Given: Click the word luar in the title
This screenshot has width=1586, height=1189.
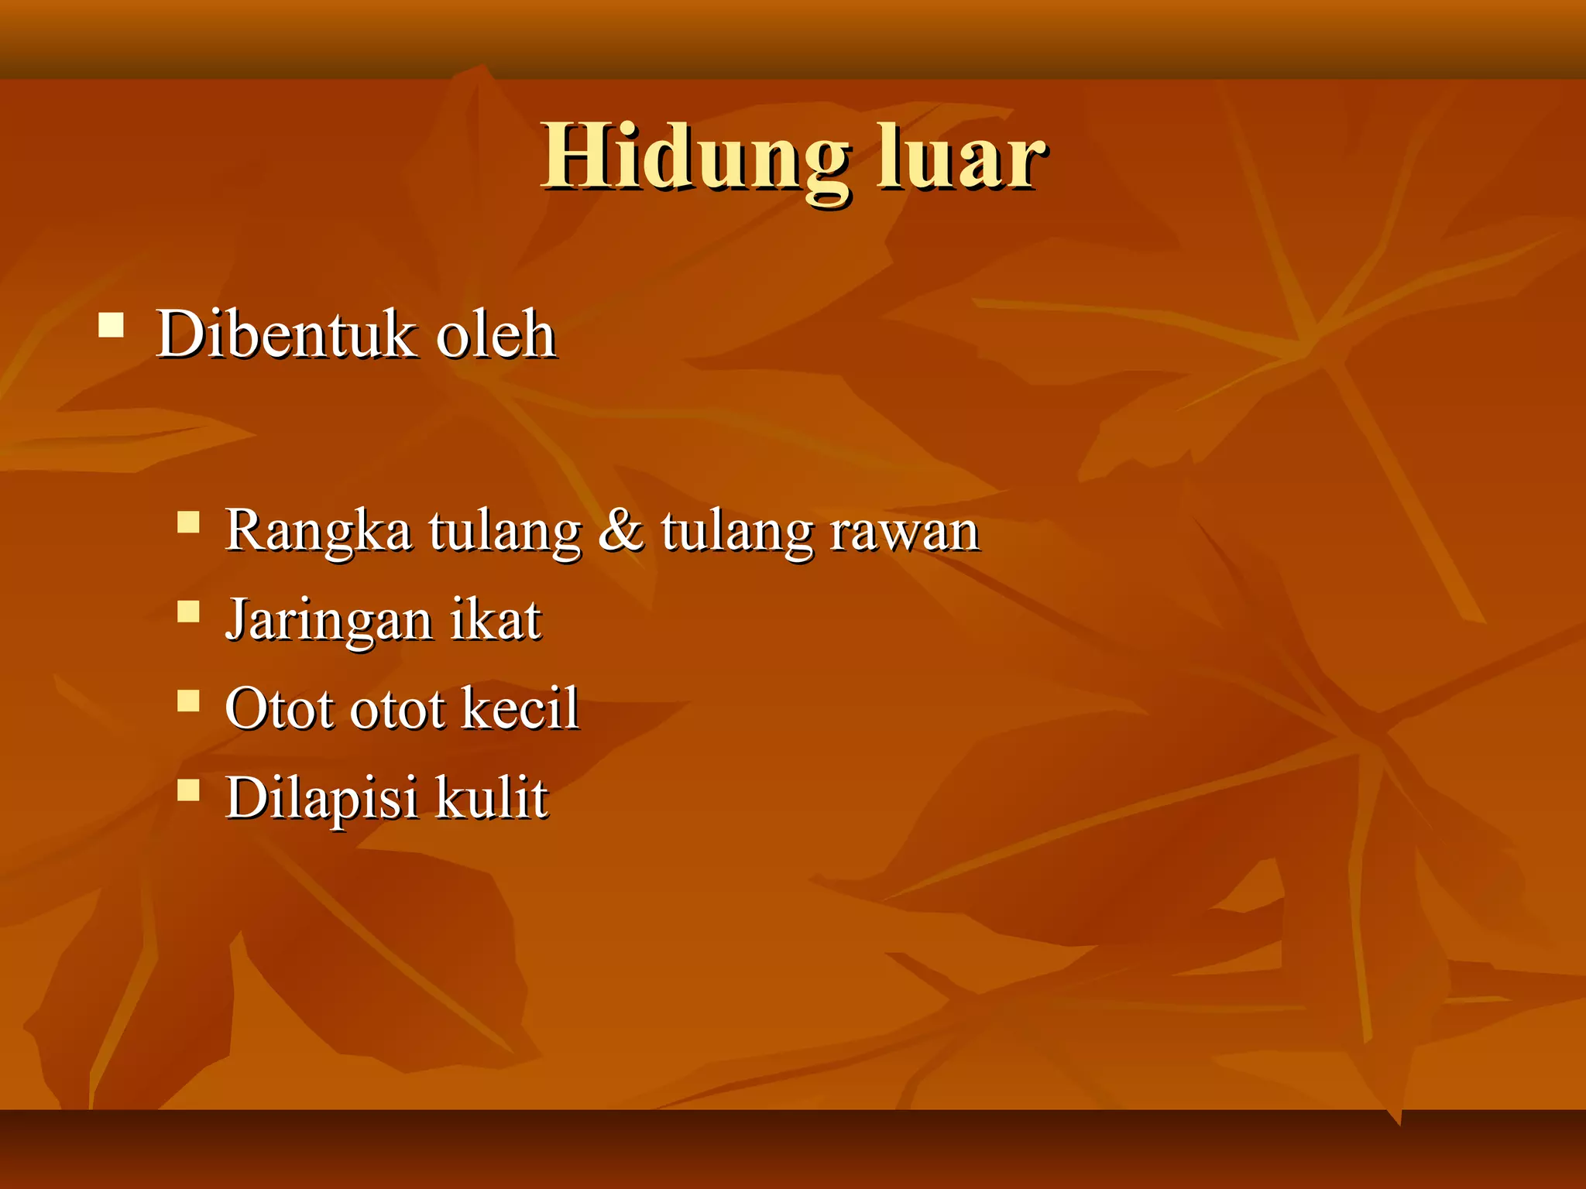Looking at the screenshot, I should coord(961,159).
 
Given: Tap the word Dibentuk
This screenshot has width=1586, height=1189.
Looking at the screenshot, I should coord(286,334).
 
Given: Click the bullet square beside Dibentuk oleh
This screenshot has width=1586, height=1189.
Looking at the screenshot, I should coord(112,324).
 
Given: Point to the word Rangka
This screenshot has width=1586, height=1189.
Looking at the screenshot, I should coord(318,533).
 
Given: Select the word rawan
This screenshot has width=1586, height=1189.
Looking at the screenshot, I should coord(905,533).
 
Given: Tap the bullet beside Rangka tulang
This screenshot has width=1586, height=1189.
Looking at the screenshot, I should coord(188,523).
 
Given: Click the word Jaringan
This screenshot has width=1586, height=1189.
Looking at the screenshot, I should coord(328,622).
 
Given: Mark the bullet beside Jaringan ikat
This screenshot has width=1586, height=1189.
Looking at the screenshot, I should coord(188,612).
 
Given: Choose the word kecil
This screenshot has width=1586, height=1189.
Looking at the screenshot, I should coord(520,708).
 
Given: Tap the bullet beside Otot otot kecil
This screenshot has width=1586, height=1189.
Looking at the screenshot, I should coord(188,701).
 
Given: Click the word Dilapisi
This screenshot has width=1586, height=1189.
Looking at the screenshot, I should coord(321,798).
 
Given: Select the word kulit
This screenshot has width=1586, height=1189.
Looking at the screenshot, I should coord(492,798).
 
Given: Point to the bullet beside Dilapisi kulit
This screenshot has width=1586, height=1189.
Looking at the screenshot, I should coord(188,790).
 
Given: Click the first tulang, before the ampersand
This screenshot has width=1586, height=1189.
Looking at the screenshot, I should coord(504,533).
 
